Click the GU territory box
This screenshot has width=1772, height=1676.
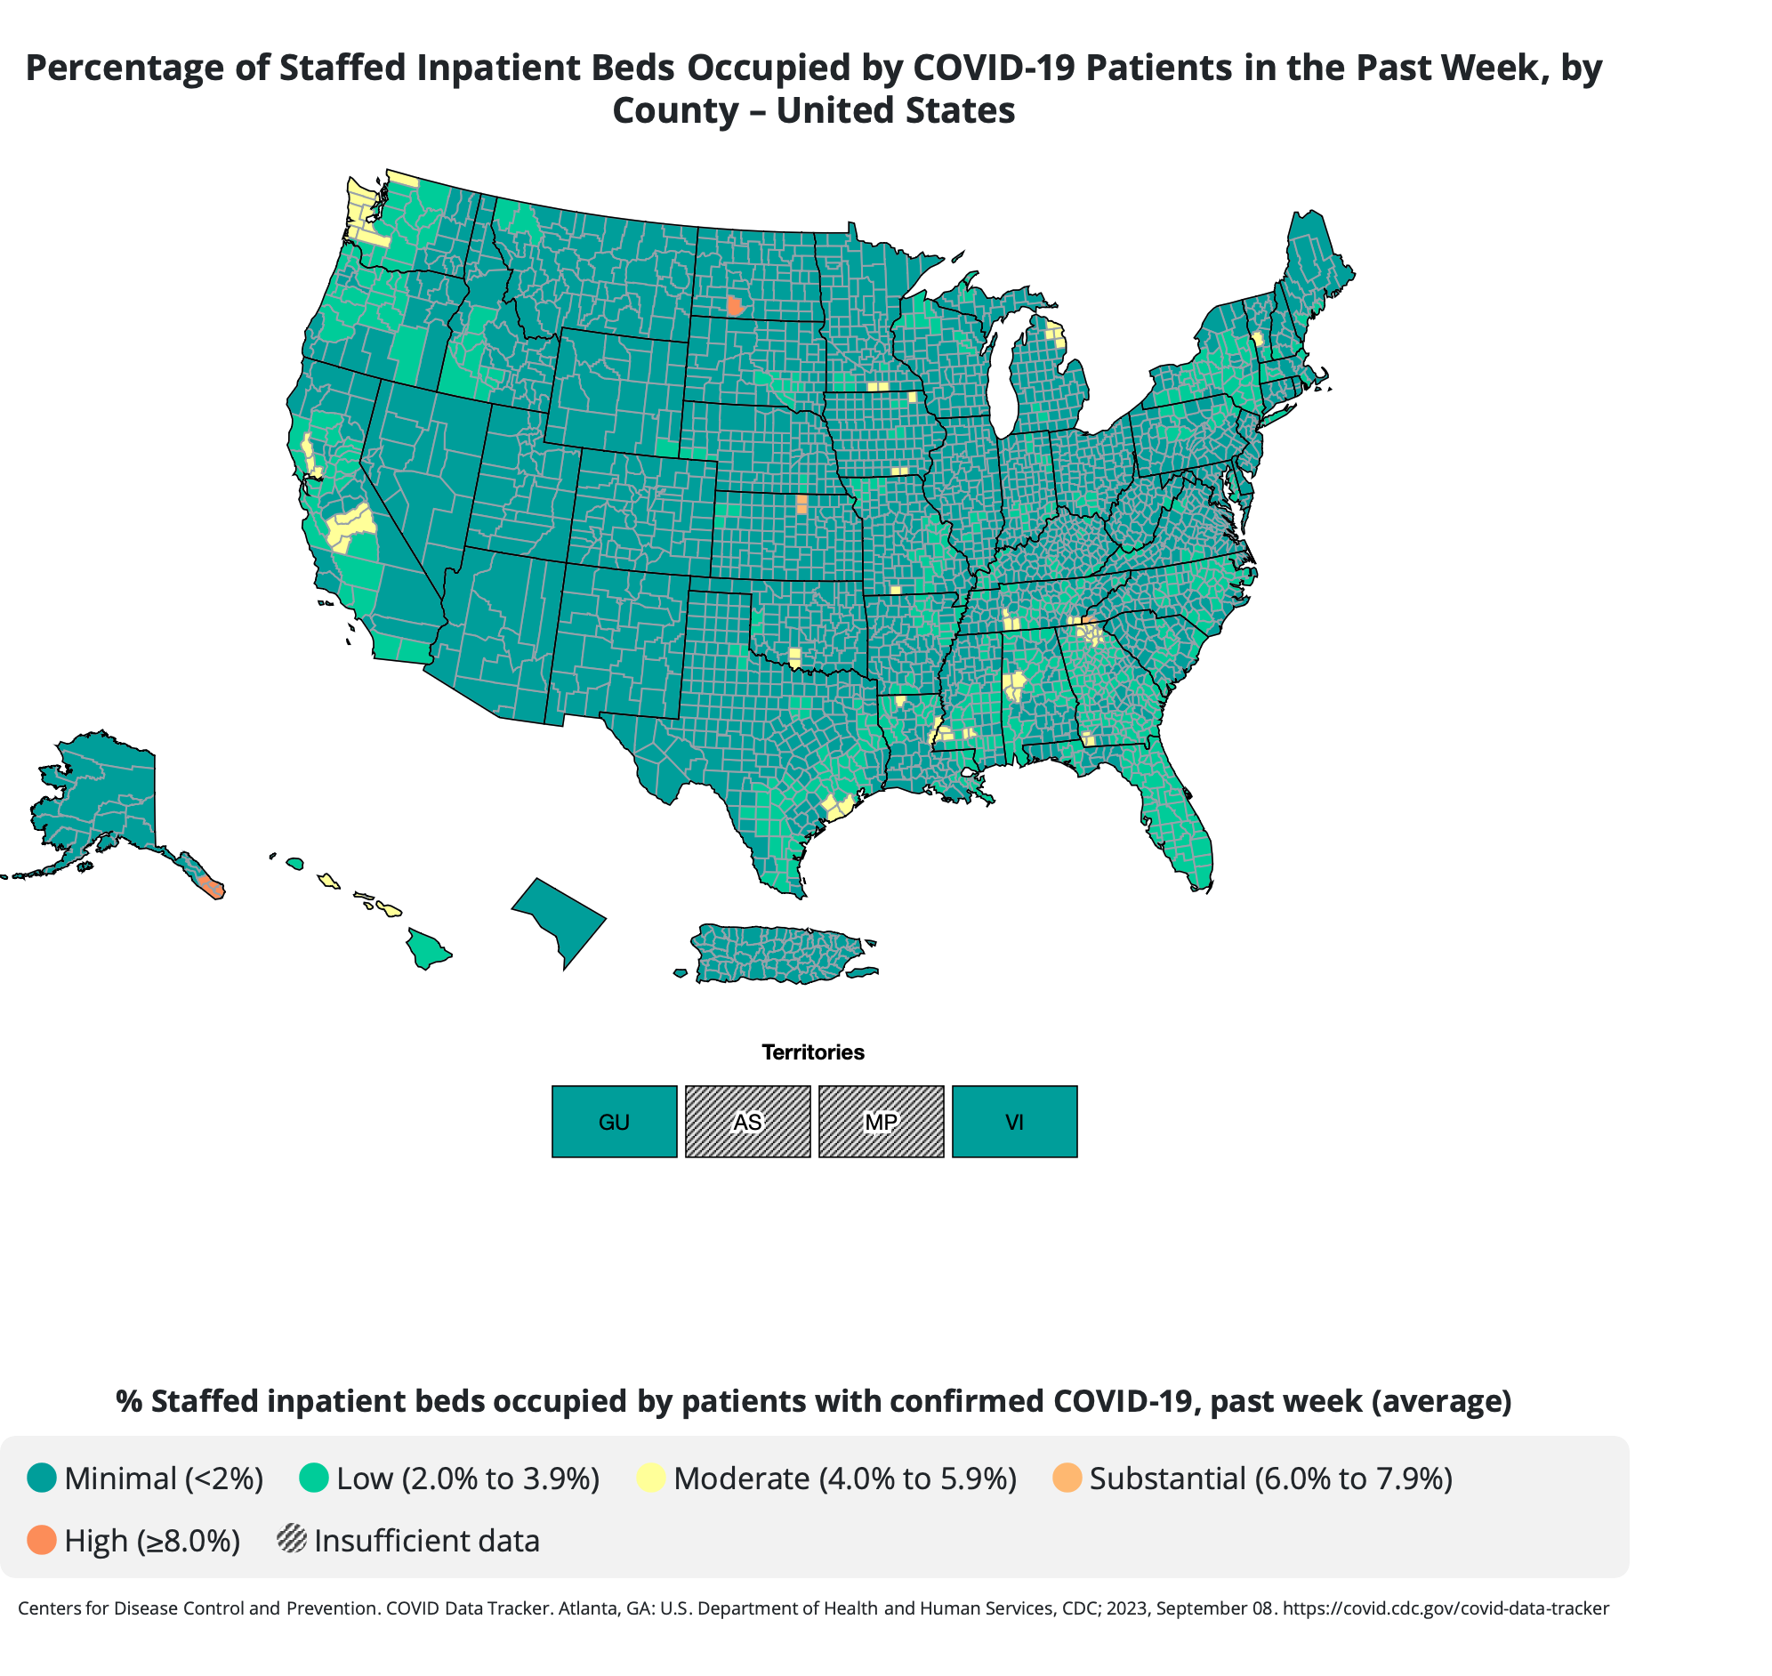[614, 1121]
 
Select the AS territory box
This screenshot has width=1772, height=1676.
[747, 1121]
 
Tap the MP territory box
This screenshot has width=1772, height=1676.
[881, 1121]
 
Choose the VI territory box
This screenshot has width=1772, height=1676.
[1014, 1121]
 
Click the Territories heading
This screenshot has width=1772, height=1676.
[812, 1052]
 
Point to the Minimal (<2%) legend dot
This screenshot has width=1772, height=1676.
[42, 1478]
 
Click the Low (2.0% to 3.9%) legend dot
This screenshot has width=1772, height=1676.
[313, 1478]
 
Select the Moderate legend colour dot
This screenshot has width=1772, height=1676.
[651, 1478]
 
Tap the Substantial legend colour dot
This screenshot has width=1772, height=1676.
[1067, 1478]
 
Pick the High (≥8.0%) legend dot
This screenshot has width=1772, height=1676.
[42, 1540]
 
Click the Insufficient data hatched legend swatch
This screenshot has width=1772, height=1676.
[292, 1540]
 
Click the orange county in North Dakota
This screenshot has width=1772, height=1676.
[734, 306]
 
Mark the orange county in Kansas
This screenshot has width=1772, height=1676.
[801, 504]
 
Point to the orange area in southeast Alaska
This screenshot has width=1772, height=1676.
[212, 887]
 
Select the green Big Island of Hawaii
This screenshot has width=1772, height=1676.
[427, 948]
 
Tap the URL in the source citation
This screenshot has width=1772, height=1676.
[1446, 1608]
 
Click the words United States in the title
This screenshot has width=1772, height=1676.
[895, 111]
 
